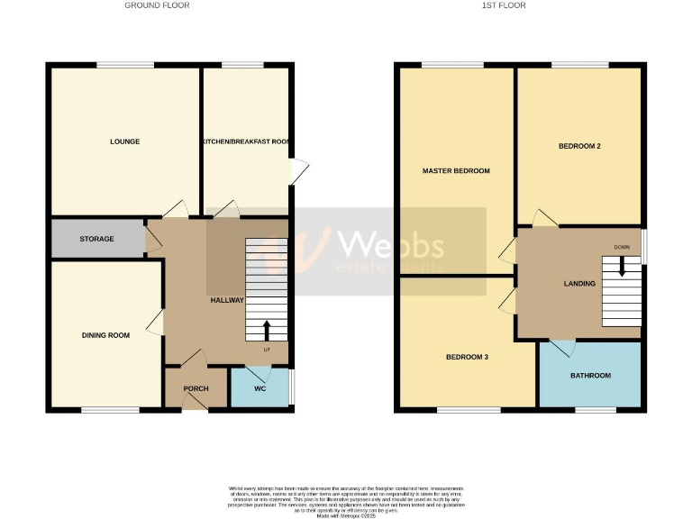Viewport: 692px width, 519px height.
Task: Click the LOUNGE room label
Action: (124, 141)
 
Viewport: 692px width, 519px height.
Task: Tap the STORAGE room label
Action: (96, 239)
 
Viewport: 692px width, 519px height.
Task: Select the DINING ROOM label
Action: (105, 335)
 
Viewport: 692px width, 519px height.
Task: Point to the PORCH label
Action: (196, 388)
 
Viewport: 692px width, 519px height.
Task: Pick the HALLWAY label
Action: (227, 300)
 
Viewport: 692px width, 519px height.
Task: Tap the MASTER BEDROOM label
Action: (456, 170)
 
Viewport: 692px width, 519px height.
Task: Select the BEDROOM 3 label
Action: (467, 357)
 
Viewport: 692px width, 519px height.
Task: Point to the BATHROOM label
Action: (590, 375)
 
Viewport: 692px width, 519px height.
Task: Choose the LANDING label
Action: (579, 283)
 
